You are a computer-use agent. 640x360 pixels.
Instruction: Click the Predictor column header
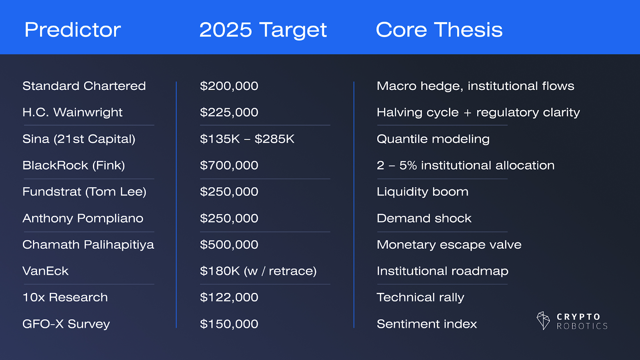click(x=72, y=30)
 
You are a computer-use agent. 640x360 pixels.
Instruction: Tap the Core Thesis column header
click(x=439, y=30)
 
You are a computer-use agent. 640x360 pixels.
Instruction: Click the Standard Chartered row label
click(x=84, y=86)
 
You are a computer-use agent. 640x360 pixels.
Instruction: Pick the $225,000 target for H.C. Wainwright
click(x=229, y=112)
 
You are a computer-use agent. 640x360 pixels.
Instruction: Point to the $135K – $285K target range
click(x=247, y=139)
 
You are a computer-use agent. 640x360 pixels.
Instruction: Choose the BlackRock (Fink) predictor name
click(x=74, y=166)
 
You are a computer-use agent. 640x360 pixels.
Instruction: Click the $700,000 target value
click(x=229, y=166)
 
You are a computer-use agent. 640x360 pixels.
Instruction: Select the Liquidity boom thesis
click(x=422, y=192)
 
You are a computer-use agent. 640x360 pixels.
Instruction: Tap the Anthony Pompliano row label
click(x=83, y=218)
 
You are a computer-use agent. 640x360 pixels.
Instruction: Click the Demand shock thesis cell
click(x=424, y=218)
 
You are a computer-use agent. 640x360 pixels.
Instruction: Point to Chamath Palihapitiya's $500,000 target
click(x=229, y=244)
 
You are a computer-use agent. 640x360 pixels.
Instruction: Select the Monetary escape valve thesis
click(x=449, y=245)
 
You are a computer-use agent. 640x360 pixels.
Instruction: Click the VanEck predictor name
click(x=46, y=271)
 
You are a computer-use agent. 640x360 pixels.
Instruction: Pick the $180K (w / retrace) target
click(x=258, y=271)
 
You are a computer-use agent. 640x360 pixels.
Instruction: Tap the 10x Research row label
click(x=65, y=298)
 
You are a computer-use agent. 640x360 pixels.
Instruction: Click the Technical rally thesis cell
click(x=420, y=298)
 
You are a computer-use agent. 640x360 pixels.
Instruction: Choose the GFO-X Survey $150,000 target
click(x=229, y=324)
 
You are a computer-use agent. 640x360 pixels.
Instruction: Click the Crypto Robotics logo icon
click(x=543, y=320)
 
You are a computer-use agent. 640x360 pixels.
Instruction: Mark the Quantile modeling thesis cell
click(x=433, y=139)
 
